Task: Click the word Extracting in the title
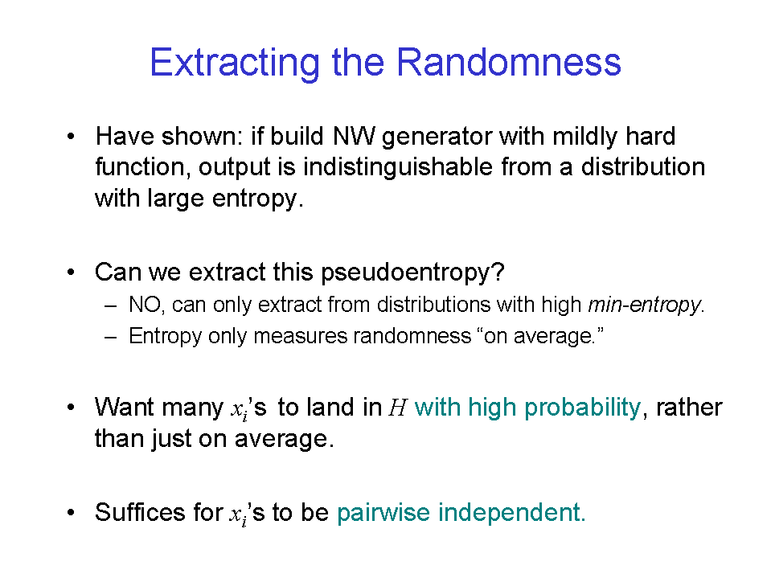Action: tap(235, 63)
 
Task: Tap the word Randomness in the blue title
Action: tap(508, 62)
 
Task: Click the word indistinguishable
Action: tap(398, 167)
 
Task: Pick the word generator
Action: tap(437, 137)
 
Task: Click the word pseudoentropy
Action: tap(412, 273)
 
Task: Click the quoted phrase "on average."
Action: tap(540, 336)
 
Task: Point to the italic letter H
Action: tap(397, 408)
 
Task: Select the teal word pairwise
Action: tap(383, 513)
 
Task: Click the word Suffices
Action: tap(141, 512)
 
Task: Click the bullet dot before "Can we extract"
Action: tap(72, 272)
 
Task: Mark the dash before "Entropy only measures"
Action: tap(111, 337)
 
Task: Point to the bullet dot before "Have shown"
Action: tap(72, 136)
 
